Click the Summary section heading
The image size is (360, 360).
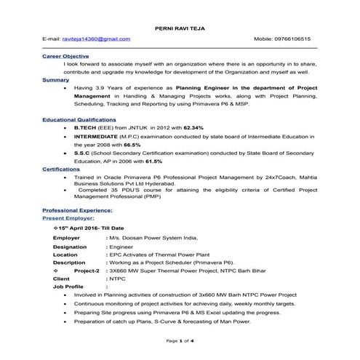[x=56, y=79]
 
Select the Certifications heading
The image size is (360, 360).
[x=61, y=169]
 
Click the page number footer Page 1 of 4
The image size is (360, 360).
[x=180, y=341]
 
